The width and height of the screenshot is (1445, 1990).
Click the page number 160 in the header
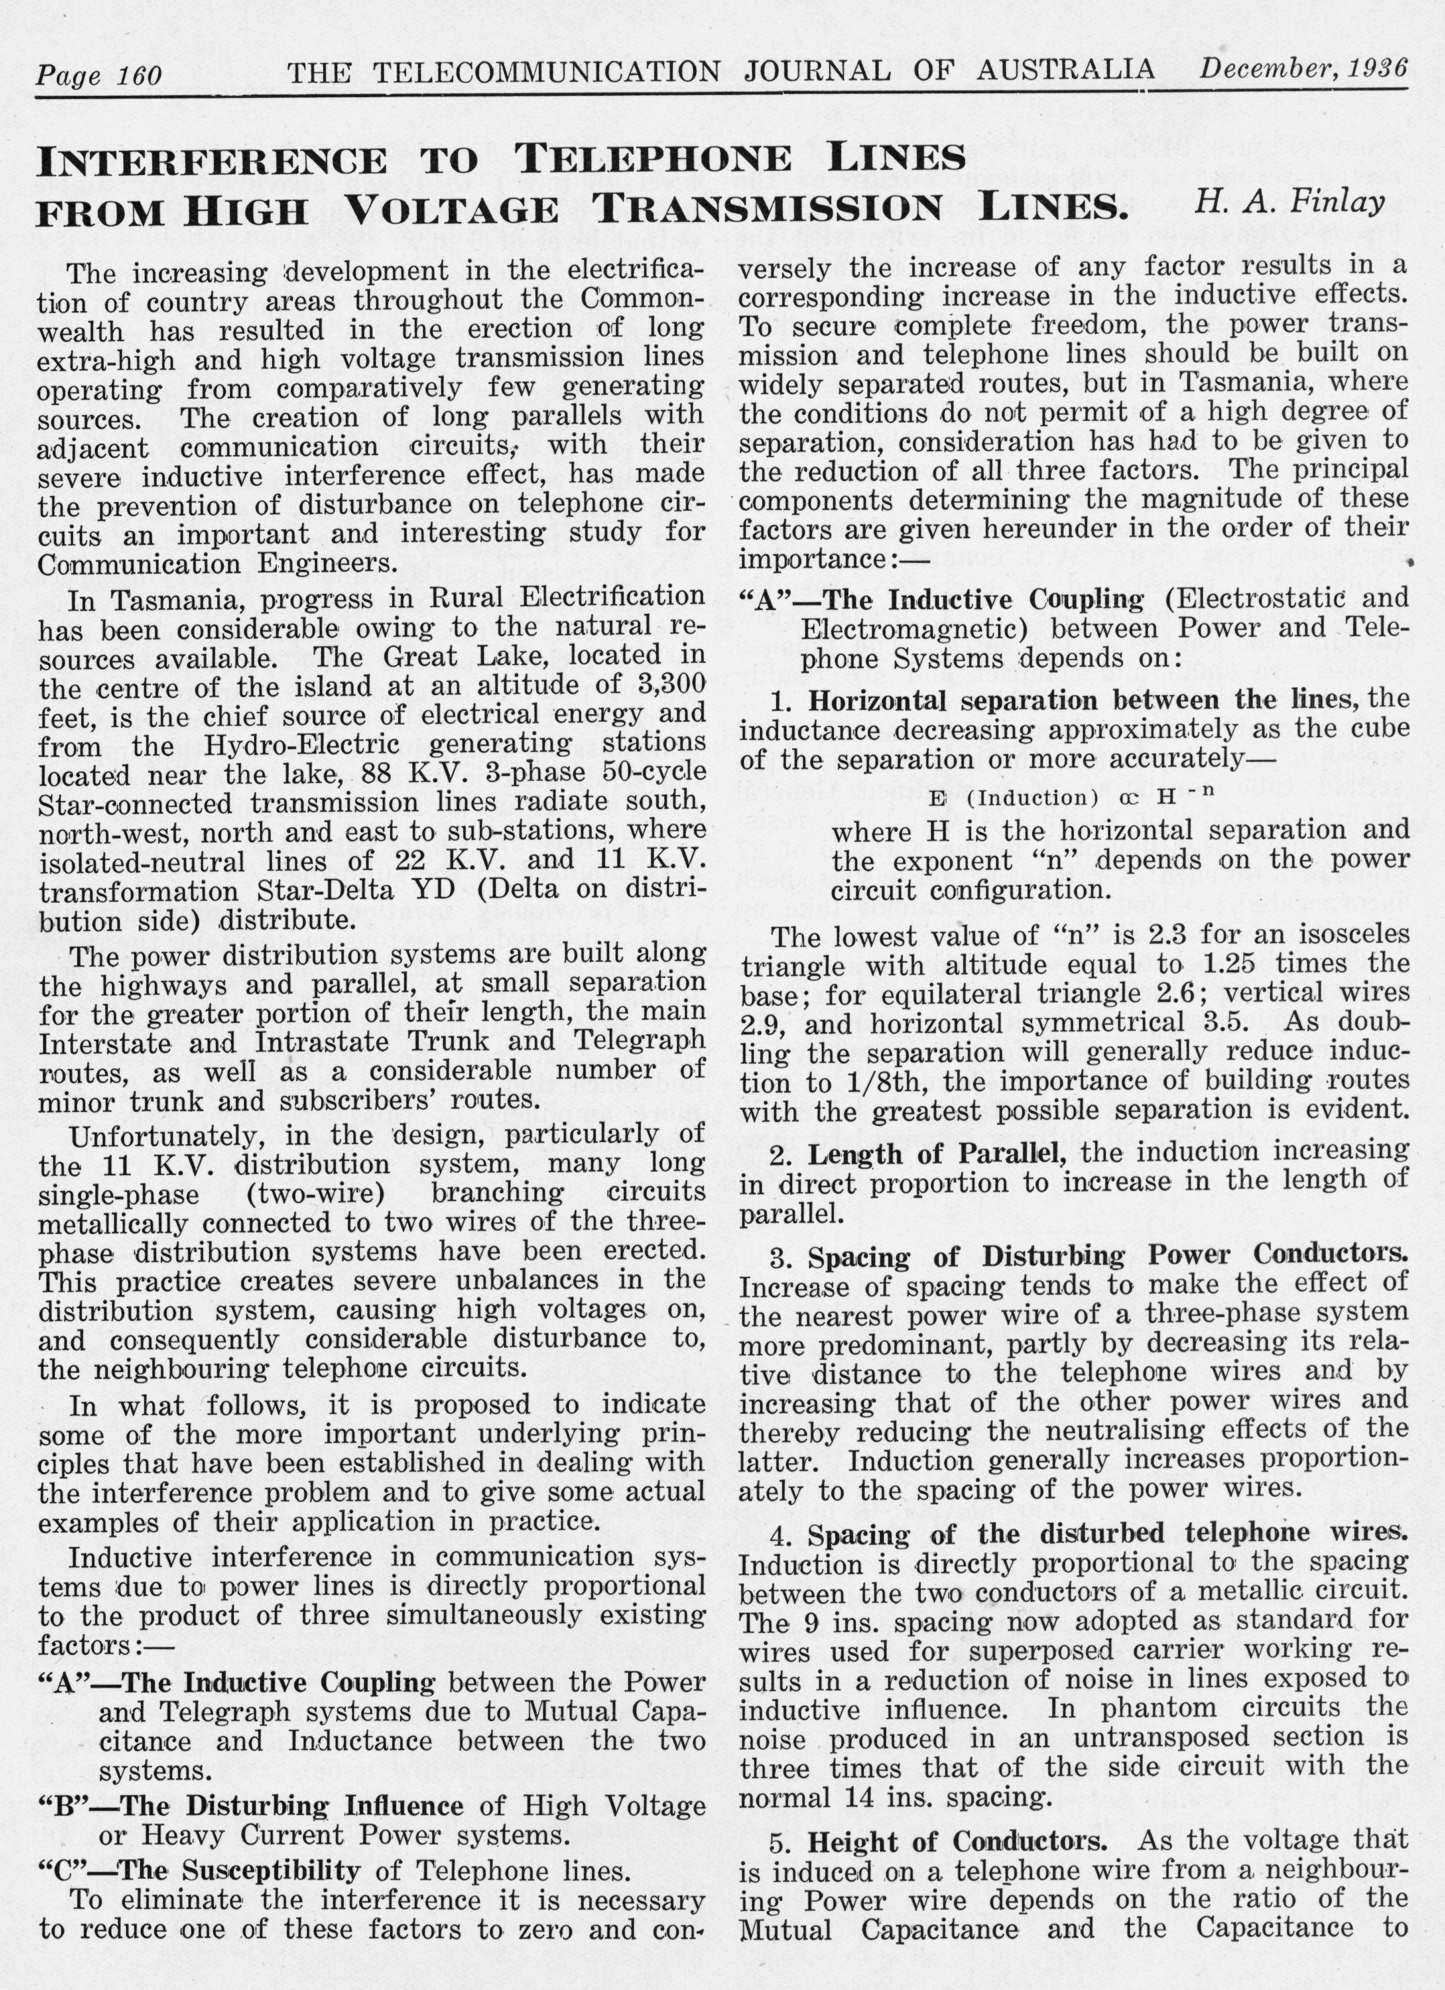click(x=139, y=76)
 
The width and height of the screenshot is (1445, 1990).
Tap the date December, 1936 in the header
click(x=1303, y=68)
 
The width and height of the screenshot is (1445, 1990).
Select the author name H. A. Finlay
click(x=1289, y=202)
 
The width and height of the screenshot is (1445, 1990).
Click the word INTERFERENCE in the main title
click(x=211, y=162)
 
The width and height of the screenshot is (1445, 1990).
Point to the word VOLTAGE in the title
click(x=452, y=210)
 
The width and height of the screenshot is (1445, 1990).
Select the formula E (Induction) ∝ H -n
click(x=1071, y=798)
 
